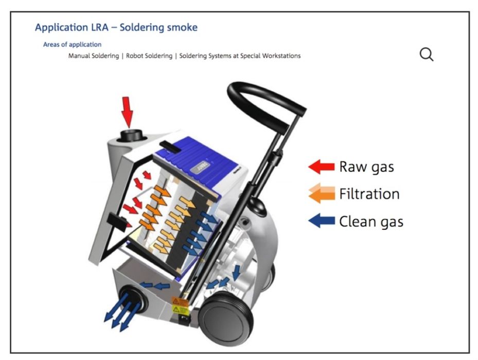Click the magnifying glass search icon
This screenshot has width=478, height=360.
[x=427, y=54]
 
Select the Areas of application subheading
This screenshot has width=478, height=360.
[x=72, y=45]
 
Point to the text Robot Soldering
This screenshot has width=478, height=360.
[x=149, y=56]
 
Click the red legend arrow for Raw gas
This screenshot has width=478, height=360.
[x=321, y=167]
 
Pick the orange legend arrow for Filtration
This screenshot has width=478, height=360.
[x=321, y=194]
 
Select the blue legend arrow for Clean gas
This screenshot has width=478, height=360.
[x=321, y=222]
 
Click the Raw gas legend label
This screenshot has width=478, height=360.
[x=367, y=167]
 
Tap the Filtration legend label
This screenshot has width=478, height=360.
[x=369, y=194]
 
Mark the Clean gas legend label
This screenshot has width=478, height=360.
[x=371, y=222]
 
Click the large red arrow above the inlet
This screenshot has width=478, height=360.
[x=127, y=111]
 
